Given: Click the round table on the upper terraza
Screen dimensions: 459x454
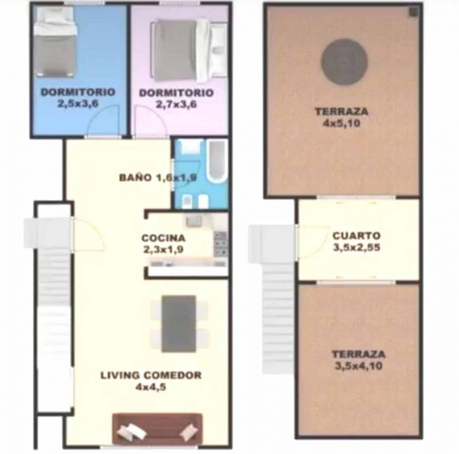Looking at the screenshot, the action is [x=344, y=62].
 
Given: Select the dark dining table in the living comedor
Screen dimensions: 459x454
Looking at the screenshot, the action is [x=179, y=323].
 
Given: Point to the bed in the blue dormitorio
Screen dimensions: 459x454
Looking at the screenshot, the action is [x=55, y=42].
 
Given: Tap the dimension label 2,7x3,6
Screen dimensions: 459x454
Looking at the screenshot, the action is [x=176, y=104].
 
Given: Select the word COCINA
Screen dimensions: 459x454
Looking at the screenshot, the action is [x=164, y=238].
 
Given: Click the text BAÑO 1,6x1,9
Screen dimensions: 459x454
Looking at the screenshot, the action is [x=158, y=177].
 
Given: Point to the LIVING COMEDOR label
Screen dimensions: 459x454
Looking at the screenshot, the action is [x=151, y=375].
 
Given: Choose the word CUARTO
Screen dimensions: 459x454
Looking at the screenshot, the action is [x=356, y=235].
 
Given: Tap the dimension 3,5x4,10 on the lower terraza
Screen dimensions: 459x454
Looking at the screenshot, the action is [x=358, y=366].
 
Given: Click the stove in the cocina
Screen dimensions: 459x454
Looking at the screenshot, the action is [x=221, y=243].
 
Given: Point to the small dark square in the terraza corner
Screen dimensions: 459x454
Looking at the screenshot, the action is [x=413, y=12].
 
